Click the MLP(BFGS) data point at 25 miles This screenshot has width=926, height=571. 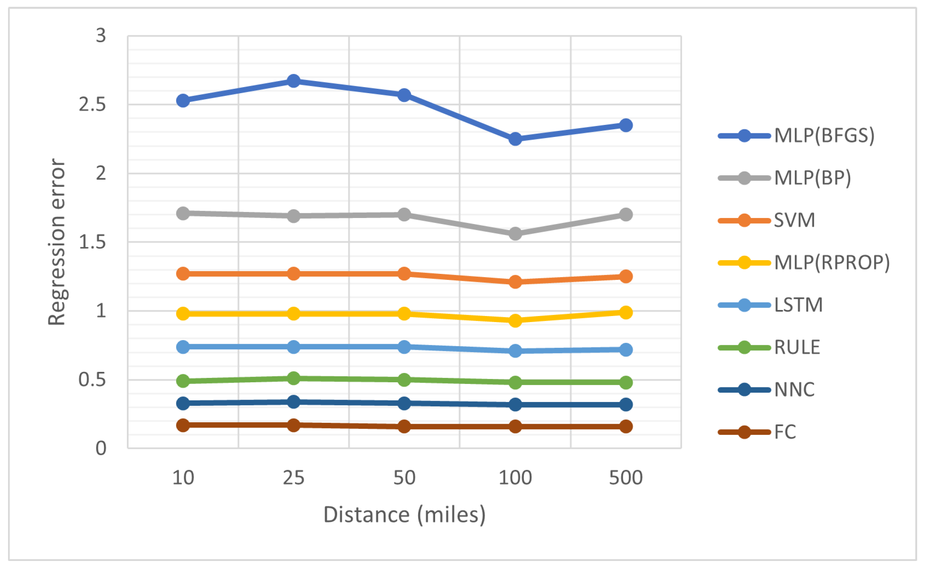pos(293,81)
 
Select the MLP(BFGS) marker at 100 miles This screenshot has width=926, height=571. pos(515,139)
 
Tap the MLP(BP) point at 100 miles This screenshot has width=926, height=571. pos(515,233)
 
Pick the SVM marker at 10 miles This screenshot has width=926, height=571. pos(183,273)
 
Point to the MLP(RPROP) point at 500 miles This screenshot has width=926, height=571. pos(626,312)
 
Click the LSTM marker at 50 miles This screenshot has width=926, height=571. pos(404,347)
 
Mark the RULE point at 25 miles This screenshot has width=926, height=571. pos(293,378)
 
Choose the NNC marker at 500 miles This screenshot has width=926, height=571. pos(626,404)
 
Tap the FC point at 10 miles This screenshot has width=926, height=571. pos(183,425)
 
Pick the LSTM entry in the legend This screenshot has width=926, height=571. pos(798,305)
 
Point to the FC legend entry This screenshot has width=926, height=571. pos(785,432)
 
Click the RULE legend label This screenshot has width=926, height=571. pos(797,347)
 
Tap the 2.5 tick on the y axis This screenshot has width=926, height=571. pos(92,104)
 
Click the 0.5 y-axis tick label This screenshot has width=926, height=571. pos(92,379)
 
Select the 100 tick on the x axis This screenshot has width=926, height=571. pos(515,478)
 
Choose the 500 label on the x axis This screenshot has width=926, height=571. pos(626,478)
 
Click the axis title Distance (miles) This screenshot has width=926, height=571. pos(404,515)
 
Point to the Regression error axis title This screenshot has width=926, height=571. pos(57,242)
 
